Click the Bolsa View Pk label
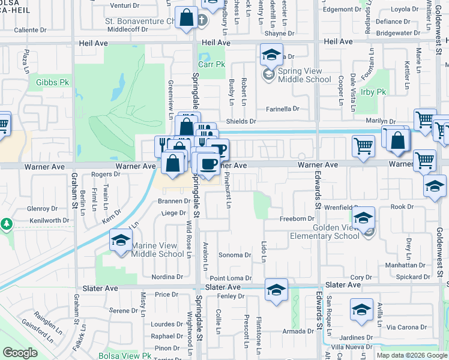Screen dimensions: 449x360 click(126, 356)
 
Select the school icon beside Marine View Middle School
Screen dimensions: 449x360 click(121, 241)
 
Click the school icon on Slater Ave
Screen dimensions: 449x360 click(276, 290)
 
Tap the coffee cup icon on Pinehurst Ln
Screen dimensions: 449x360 click(208, 163)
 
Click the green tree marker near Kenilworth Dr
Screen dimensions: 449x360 click(7, 224)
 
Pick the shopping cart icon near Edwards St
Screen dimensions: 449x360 click(363, 145)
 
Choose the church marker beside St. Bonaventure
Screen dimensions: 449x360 click(202, 19)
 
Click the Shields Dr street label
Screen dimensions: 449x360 click(244, 121)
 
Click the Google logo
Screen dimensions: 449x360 click(20, 353)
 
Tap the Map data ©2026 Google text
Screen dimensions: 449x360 click(412, 355)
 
